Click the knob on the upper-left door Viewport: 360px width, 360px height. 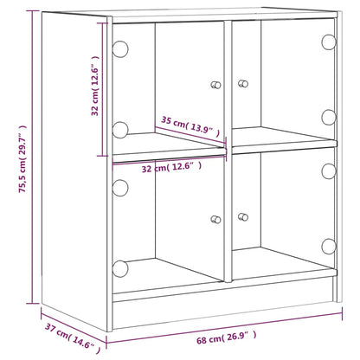(215, 85)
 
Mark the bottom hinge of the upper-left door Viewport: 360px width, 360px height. (119, 130)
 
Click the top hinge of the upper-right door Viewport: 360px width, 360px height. (328, 41)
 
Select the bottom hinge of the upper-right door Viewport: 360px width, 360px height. (328, 115)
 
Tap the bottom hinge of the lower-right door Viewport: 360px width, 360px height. (328, 247)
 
